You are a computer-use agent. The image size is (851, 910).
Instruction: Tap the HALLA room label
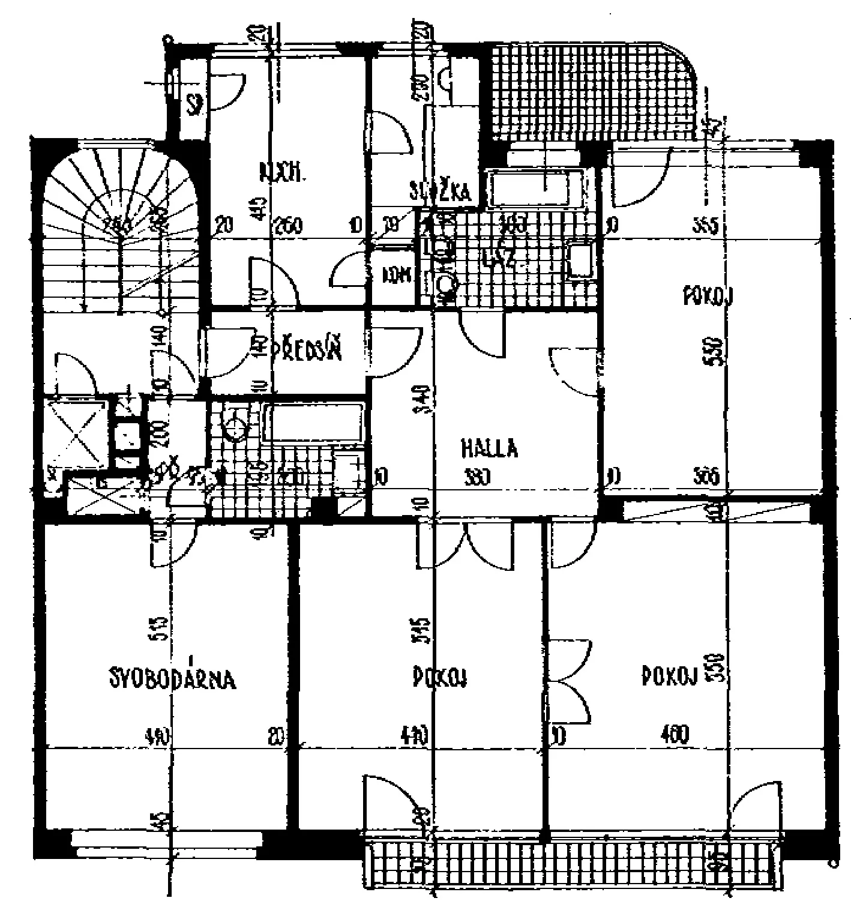[x=489, y=448]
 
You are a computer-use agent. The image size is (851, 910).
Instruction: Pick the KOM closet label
[x=397, y=275]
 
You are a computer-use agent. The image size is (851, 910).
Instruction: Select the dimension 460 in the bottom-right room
[x=676, y=734]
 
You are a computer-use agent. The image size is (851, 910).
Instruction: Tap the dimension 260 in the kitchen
[x=288, y=226]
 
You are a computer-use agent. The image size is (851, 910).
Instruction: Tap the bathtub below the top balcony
[x=536, y=187]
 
